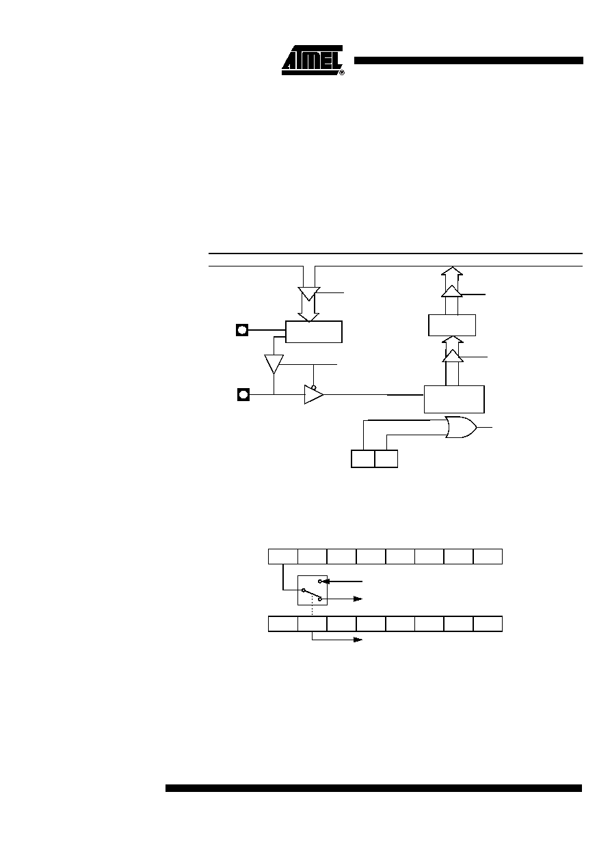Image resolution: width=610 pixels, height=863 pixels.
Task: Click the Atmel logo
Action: (313, 60)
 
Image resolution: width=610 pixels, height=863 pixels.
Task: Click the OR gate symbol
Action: (461, 427)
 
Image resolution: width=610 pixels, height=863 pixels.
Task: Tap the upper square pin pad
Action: (242, 330)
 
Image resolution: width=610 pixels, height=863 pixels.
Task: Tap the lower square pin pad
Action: (243, 394)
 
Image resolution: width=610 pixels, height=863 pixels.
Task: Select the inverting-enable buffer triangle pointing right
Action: (314, 394)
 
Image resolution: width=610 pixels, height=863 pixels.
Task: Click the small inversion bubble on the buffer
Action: (314, 387)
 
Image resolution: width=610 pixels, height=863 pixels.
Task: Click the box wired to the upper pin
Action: (314, 331)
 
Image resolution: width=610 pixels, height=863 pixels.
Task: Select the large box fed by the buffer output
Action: (454, 399)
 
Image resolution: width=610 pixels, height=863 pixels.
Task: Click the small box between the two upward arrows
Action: (452, 325)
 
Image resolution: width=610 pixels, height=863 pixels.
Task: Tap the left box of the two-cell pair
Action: (363, 459)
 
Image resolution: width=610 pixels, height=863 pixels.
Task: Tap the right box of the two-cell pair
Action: (386, 459)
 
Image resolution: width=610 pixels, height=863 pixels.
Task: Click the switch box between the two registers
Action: (313, 590)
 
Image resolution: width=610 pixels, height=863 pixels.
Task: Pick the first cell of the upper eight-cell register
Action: (283, 556)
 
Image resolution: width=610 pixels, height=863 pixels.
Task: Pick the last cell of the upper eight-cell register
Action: (488, 556)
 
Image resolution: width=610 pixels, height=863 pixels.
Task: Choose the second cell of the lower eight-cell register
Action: (313, 624)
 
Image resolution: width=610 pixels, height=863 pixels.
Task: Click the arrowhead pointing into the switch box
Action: (326, 581)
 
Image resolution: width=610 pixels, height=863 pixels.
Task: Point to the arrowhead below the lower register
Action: (358, 640)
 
